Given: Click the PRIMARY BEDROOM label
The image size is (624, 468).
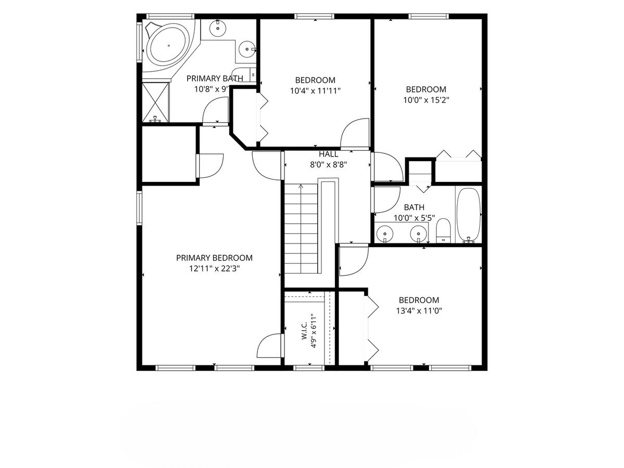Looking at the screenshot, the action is click(x=214, y=258).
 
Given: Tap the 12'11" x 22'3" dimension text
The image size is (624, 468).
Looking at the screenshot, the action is click(x=215, y=268).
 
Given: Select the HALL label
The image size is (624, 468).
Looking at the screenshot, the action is click(x=328, y=154).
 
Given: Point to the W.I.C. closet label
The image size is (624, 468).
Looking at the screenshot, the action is click(x=304, y=331).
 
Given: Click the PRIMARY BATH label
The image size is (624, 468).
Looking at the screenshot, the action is click(x=215, y=78).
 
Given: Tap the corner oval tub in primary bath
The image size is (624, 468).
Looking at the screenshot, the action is click(x=169, y=45).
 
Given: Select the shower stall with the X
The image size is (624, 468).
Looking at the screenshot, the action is click(x=155, y=102).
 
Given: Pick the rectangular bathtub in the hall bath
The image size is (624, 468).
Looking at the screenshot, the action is click(x=469, y=215).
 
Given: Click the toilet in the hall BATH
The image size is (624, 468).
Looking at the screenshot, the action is click(x=444, y=231).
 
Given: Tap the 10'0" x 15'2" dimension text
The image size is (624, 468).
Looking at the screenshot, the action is click(x=426, y=100).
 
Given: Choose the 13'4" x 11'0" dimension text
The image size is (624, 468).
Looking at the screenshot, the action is click(x=419, y=311).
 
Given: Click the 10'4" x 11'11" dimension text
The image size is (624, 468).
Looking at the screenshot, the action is click(x=315, y=91).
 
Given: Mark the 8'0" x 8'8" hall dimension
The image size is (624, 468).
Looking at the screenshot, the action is click(x=328, y=165).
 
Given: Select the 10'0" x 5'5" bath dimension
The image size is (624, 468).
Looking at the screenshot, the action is click(x=414, y=218).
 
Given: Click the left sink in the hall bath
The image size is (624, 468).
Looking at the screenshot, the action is click(x=385, y=233).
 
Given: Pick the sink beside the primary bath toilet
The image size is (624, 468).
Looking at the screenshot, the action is click(x=247, y=49).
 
